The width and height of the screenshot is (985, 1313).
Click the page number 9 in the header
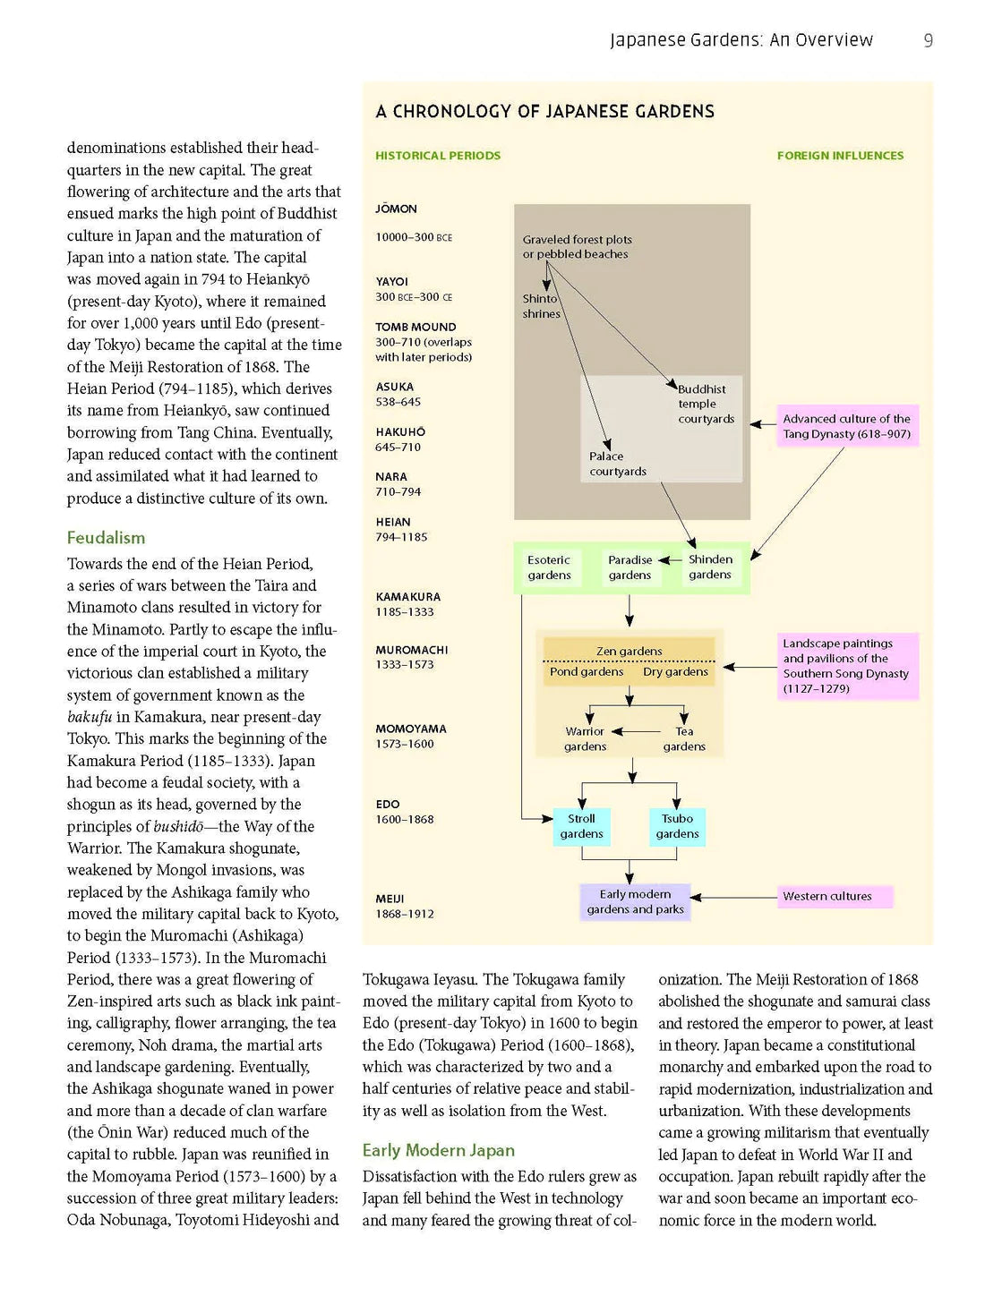[x=928, y=40]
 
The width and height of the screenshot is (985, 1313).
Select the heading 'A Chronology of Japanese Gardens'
[x=544, y=112]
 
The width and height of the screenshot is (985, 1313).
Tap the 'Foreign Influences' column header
[x=840, y=156]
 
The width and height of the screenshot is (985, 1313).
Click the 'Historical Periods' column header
[x=438, y=156]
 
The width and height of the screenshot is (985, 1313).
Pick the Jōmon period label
[x=396, y=209]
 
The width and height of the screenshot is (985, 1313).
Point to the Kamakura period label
[x=407, y=597]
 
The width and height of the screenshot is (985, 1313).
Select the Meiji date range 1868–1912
[x=405, y=914]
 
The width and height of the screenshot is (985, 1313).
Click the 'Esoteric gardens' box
[x=549, y=567]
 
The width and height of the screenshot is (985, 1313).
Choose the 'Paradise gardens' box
[x=630, y=567]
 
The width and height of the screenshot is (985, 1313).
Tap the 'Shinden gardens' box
[x=710, y=567]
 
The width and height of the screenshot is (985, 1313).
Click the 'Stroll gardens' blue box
[x=581, y=826]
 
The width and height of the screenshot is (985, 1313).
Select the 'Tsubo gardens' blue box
[x=677, y=826]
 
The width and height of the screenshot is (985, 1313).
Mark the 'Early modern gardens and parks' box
[x=635, y=902]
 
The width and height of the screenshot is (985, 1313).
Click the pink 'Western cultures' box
[x=835, y=897]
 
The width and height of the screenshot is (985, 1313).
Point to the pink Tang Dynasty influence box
[x=846, y=426]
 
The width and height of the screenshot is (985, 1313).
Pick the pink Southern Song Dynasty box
[x=845, y=666]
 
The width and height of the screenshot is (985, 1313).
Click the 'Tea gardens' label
[x=684, y=739]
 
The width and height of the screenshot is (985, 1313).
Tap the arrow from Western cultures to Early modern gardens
[x=734, y=897]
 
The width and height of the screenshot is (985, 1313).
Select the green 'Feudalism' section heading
[x=106, y=538]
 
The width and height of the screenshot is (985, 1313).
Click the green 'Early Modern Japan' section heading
[x=438, y=1151]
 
